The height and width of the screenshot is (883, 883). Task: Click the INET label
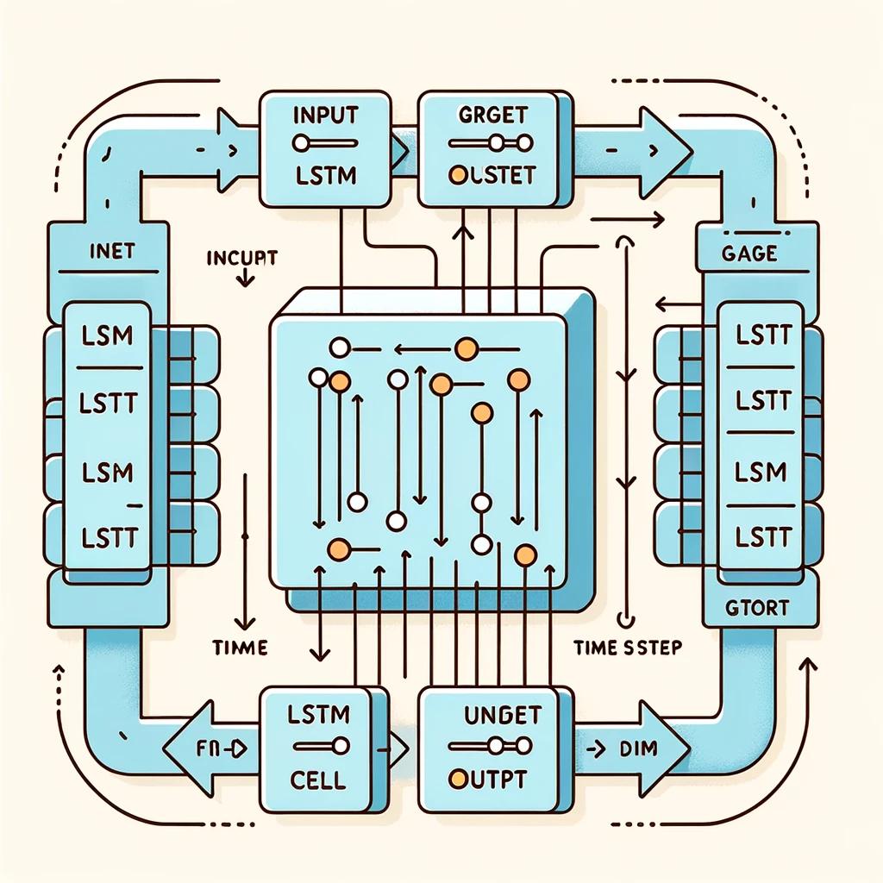[x=111, y=252]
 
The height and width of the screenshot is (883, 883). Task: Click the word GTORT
[x=758, y=607]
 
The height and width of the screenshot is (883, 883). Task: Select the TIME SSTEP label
[x=627, y=648]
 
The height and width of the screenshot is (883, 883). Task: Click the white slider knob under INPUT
[x=301, y=143]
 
